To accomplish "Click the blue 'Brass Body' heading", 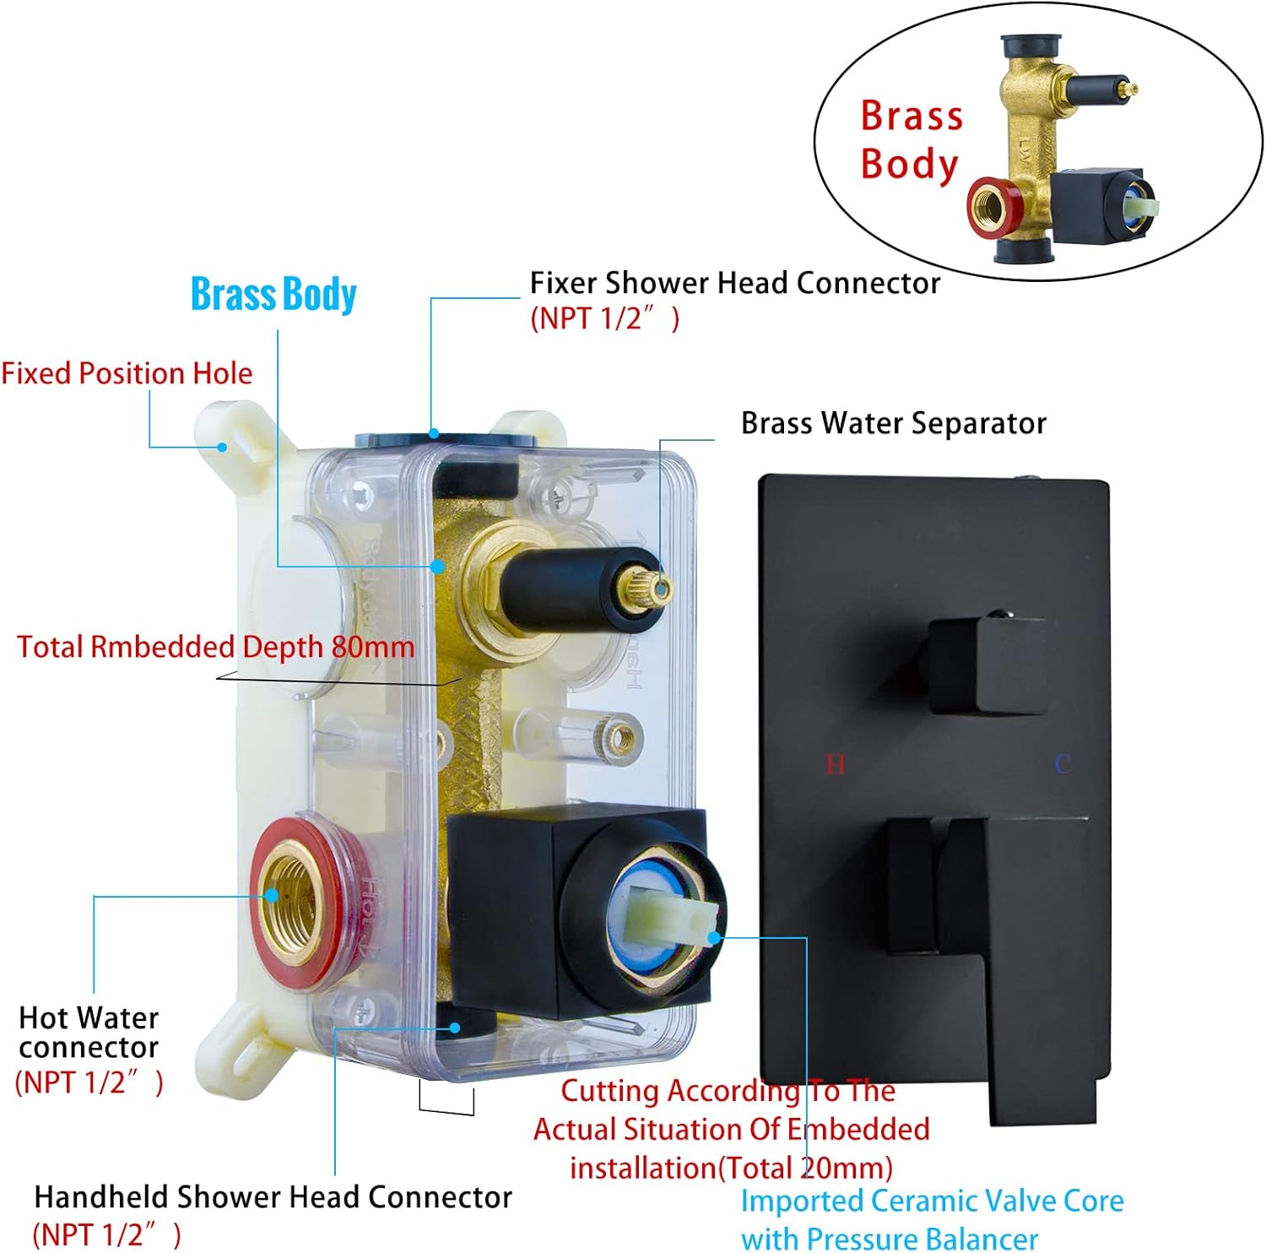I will coord(273,295).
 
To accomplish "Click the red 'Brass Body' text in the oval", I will coord(911,139).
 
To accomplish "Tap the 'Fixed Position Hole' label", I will coord(127,373).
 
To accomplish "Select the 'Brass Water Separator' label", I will coord(893,423).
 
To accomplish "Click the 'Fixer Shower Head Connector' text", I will coord(734,283).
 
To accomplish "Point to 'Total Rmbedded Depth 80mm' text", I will coord(216,647).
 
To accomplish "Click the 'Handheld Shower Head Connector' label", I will coord(273,1196).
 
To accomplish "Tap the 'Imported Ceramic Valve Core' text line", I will coord(932,1200).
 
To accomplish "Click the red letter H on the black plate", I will coord(835,765).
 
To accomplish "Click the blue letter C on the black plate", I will coord(1062,764).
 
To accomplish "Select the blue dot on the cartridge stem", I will coord(714,937).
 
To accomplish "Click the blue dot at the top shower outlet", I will coord(434,434).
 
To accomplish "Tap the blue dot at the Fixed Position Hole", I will coord(224,447).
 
